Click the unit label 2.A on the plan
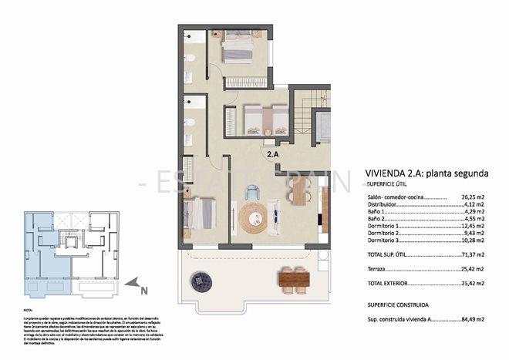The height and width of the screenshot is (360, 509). pos(272,154)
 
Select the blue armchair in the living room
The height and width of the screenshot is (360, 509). pos(251,193)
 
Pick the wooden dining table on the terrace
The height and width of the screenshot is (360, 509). pos(294,276)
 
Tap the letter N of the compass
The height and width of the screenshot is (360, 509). pos(144,291)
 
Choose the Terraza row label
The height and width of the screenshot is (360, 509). pos(379,270)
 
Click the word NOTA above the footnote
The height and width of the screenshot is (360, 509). pos(29,308)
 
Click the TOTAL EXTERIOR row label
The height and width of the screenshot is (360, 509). pos(389,284)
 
